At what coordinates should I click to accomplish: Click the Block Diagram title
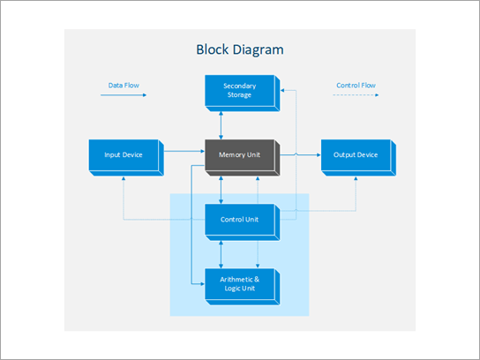click(240, 49)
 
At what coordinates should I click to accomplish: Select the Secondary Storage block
click(239, 91)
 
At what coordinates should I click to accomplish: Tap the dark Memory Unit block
click(240, 155)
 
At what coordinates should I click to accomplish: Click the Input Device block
click(124, 155)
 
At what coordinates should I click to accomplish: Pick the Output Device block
click(356, 155)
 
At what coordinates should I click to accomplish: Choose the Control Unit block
click(239, 220)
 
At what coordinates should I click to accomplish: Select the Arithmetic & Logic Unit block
click(239, 284)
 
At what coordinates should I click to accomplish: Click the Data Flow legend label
click(124, 86)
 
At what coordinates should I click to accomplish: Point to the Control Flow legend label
click(356, 86)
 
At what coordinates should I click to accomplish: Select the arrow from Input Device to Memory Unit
click(184, 153)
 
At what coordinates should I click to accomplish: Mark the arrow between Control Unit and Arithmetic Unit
click(221, 252)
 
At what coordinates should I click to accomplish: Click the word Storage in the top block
click(239, 95)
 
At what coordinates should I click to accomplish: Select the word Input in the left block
click(112, 155)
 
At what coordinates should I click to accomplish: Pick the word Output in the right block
click(344, 155)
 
